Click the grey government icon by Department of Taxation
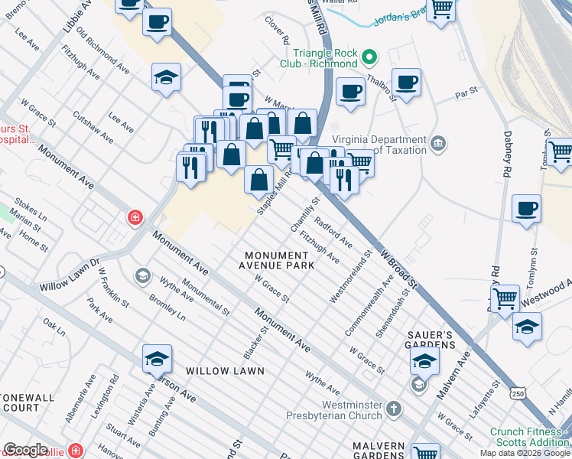click(x=438, y=143)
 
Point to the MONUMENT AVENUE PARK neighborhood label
click(x=279, y=260)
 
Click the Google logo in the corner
click(x=25, y=450)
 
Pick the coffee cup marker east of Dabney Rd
click(x=526, y=208)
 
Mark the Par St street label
click(x=466, y=91)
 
